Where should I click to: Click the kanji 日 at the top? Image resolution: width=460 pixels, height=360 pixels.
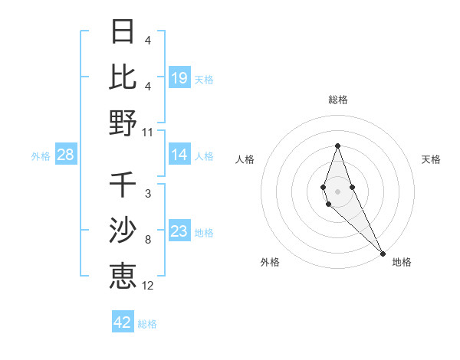(123, 32)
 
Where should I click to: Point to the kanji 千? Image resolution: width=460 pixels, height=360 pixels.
(123, 185)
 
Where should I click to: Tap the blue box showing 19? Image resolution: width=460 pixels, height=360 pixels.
(179, 77)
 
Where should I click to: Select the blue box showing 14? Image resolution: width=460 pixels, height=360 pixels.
(179, 155)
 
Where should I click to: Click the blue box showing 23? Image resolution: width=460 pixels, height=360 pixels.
(179, 231)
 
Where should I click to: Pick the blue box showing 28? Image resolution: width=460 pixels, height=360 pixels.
(66, 155)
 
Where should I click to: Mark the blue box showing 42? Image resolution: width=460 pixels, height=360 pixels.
(123, 322)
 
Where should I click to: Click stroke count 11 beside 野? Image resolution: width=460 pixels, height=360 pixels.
(147, 132)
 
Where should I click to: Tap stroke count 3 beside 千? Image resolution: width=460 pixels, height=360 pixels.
(147, 195)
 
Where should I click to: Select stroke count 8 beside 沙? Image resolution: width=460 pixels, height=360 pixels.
(147, 240)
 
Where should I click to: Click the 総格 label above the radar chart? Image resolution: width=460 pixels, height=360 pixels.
(337, 100)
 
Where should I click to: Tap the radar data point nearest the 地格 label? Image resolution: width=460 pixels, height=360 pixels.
(383, 252)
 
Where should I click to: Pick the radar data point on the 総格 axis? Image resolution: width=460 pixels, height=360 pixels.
(337, 146)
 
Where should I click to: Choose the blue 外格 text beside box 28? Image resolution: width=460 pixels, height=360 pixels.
(41, 156)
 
